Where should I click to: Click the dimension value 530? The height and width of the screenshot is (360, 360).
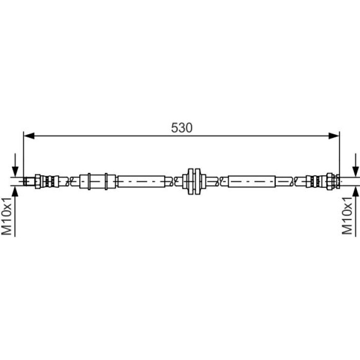tap(182, 128)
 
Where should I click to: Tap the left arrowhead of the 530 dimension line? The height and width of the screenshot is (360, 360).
tap(29, 136)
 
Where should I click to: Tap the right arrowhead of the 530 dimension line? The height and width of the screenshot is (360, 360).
tap(334, 136)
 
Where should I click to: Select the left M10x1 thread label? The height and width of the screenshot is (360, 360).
tap(7, 217)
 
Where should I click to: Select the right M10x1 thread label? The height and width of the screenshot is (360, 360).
tap(347, 216)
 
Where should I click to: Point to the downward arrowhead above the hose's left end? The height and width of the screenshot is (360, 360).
tap(15, 171)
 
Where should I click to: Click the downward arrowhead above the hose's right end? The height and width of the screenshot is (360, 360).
tap(356, 171)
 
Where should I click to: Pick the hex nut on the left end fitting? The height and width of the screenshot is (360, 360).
tap(38, 182)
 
